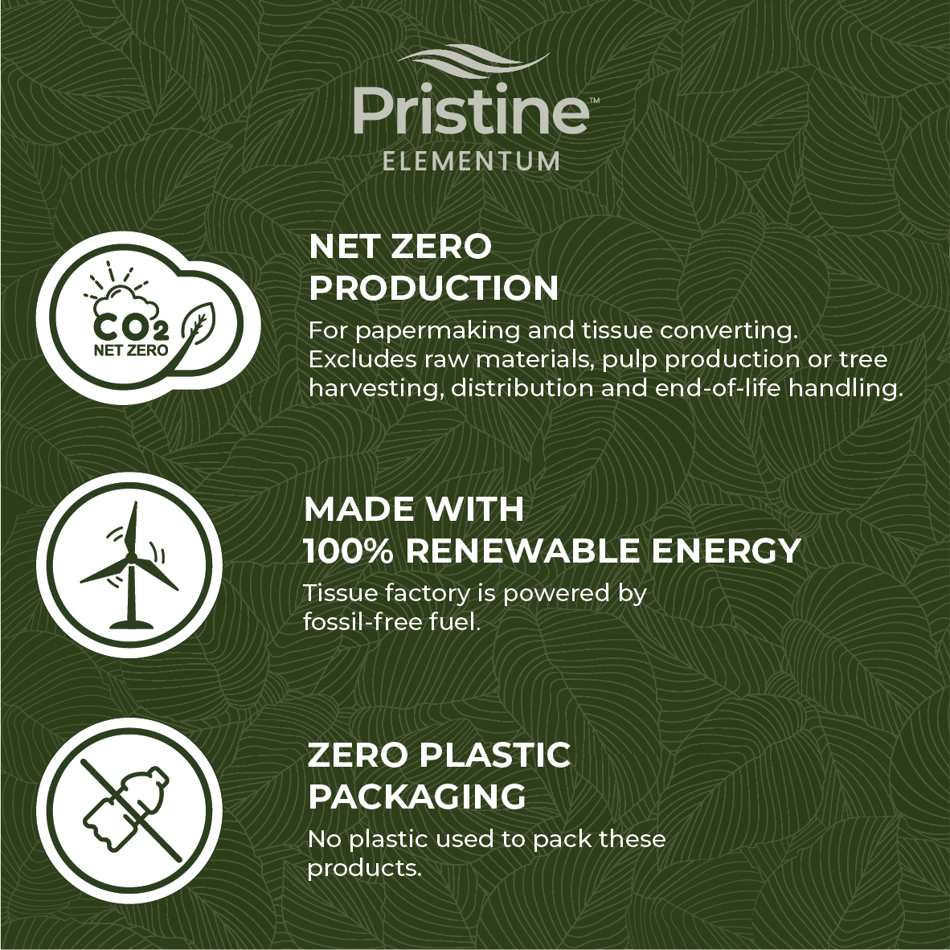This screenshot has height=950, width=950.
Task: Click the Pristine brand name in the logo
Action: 471,112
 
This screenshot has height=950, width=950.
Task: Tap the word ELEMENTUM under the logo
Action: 471,162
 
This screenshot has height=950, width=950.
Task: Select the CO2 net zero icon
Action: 148,318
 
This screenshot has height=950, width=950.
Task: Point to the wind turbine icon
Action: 129,565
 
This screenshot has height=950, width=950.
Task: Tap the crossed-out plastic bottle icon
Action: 129,810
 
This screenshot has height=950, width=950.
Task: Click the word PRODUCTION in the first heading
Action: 434,288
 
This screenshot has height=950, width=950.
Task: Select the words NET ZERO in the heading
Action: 400,247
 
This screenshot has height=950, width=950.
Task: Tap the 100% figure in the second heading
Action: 348,551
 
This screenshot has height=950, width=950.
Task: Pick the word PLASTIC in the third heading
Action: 494,755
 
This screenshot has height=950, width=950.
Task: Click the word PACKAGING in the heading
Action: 417,796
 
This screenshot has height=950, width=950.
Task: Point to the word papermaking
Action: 437,332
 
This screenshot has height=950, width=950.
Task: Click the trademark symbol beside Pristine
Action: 595,100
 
